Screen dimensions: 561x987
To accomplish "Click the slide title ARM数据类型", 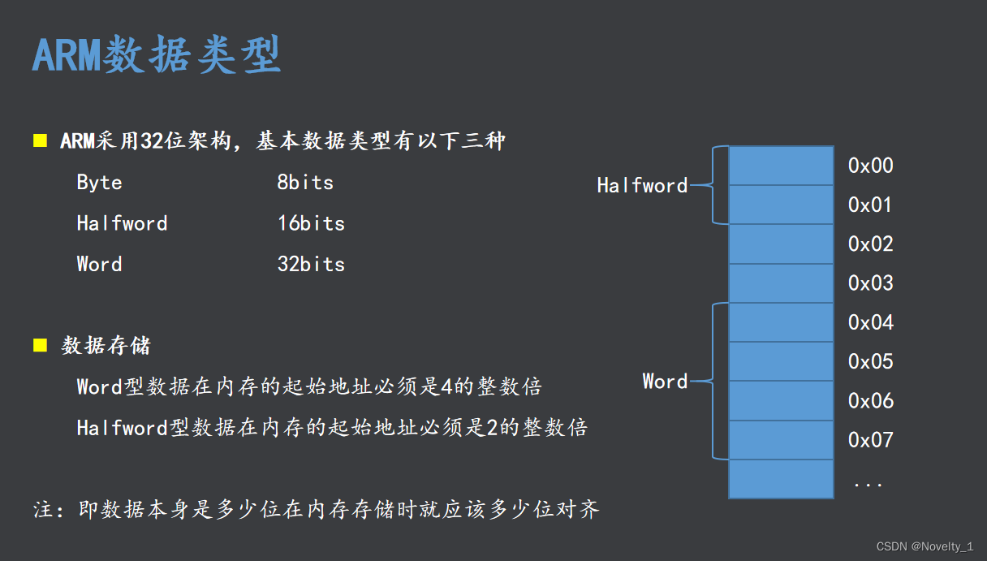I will [157, 56].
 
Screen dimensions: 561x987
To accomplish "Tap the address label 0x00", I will [870, 166].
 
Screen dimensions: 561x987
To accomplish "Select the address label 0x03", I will [870, 283].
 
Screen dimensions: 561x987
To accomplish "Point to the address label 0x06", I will [870, 401].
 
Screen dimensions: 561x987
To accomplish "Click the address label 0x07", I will [870, 440].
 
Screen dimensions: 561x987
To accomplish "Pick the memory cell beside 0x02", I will [781, 244].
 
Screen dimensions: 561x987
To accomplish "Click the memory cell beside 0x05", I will [781, 362].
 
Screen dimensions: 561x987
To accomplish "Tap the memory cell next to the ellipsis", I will [781, 479].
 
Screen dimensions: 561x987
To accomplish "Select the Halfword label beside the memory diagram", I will [642, 186].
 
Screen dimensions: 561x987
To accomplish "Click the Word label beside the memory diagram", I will [665, 382].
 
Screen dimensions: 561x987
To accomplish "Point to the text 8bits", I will [305, 183].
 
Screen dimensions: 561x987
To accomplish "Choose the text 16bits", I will [311, 223].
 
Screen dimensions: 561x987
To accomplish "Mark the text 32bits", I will [311, 264].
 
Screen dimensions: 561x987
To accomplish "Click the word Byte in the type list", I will [99, 183].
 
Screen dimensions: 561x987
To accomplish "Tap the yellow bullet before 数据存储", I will [40, 345].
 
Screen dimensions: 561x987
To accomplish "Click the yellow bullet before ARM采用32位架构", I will [40, 141].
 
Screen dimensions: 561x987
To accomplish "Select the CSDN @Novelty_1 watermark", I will [925, 547].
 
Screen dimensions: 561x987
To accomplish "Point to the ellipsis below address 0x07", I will [868, 484].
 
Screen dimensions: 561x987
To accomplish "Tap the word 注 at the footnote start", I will [43, 510].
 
